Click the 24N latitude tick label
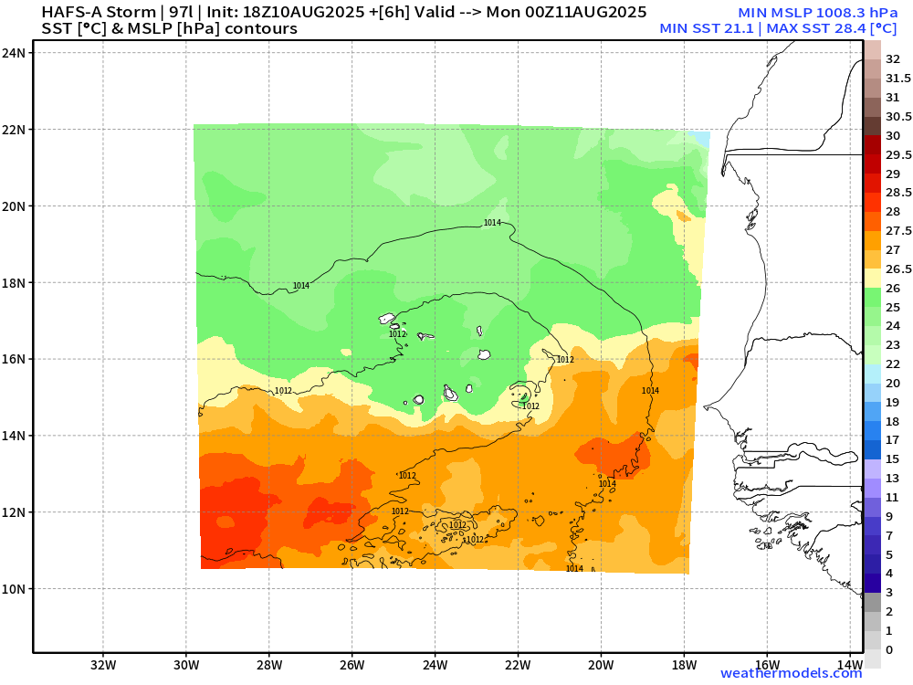pyautogui.click(x=14, y=53)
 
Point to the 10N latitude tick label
pyautogui.click(x=14, y=589)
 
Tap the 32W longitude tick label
pyautogui.click(x=104, y=665)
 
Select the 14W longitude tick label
pyautogui.click(x=851, y=665)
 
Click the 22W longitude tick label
pyautogui.click(x=518, y=665)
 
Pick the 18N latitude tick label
pyautogui.click(x=14, y=283)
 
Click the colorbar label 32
pyautogui.click(x=893, y=59)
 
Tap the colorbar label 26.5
pyautogui.click(x=898, y=269)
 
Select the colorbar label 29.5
pyautogui.click(x=898, y=155)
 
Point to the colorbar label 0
pyautogui.click(x=889, y=650)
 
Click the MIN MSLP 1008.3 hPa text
pyautogui.click(x=817, y=12)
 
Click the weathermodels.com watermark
pyautogui.click(x=791, y=673)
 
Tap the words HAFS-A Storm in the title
pyautogui.click(x=99, y=12)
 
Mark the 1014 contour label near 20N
pyautogui.click(x=492, y=223)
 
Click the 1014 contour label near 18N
pyautogui.click(x=301, y=285)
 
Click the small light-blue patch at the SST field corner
pyautogui.click(x=700, y=139)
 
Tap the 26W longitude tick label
pyautogui.click(x=352, y=665)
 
